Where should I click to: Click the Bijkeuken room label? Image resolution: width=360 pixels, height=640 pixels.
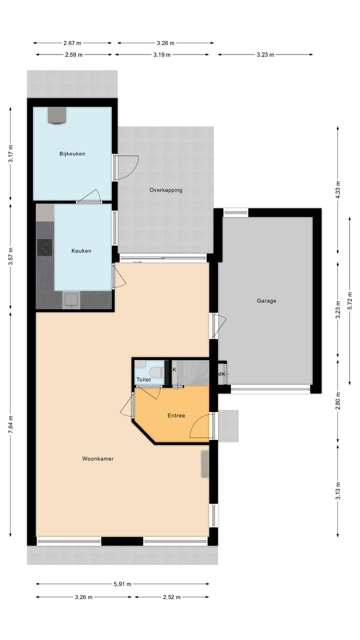[x=72, y=153]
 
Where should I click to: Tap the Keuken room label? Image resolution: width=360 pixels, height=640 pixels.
[x=81, y=251]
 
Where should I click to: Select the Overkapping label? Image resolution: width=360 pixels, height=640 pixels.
[x=165, y=190]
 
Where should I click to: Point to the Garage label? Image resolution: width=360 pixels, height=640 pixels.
[x=266, y=301]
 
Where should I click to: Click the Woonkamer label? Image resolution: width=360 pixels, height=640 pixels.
[x=98, y=458]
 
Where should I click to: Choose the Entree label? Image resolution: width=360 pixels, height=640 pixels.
[x=176, y=415]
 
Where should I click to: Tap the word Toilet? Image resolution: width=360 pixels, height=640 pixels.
[x=143, y=380]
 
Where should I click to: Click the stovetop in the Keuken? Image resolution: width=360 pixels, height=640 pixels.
[x=44, y=247]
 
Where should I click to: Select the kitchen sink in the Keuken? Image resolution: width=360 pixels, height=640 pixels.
[x=70, y=300]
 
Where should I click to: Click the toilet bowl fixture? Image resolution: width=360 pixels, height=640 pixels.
[x=156, y=372]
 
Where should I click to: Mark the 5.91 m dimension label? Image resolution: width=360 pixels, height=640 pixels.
[x=122, y=583]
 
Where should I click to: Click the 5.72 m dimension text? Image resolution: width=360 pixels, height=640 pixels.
[x=349, y=300]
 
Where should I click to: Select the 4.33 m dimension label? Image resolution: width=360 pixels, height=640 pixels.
[x=337, y=190]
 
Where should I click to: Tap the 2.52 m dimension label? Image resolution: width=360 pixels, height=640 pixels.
[x=171, y=597]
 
